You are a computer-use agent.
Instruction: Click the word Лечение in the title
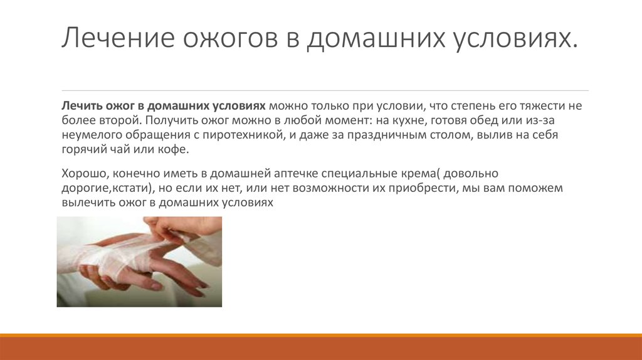click(118, 37)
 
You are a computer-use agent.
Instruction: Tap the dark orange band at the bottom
click(321, 348)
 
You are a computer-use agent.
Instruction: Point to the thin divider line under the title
click(325, 90)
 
